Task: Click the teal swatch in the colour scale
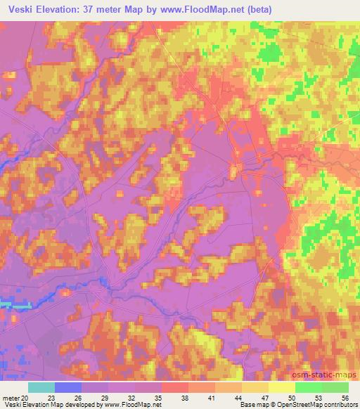point(42,387)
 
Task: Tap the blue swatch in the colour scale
point(69,387)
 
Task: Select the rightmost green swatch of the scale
point(335,387)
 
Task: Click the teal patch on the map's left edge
point(14,304)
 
